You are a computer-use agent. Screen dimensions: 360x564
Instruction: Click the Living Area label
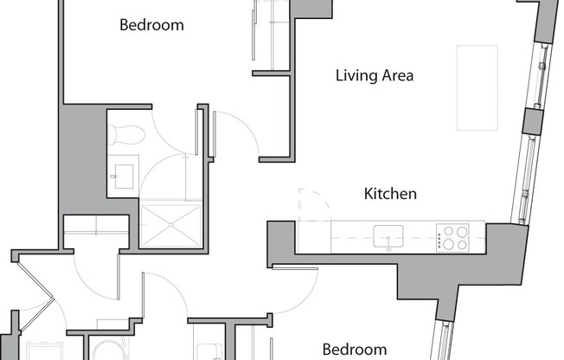click(x=375, y=75)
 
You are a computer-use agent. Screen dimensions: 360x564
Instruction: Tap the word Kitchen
click(x=390, y=193)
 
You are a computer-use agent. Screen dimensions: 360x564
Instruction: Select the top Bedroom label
click(x=151, y=24)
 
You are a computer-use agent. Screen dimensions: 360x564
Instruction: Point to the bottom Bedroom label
click(x=355, y=350)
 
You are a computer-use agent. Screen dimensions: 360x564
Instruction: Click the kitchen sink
click(x=388, y=235)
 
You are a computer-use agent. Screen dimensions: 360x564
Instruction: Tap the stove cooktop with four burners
click(x=452, y=237)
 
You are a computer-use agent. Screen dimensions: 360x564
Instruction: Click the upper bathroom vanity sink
click(x=125, y=174)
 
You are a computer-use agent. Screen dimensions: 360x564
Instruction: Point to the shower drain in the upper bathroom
click(x=170, y=222)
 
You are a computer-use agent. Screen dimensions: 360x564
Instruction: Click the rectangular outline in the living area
click(x=477, y=87)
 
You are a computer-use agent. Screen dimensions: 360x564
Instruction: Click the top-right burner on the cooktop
click(x=461, y=231)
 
